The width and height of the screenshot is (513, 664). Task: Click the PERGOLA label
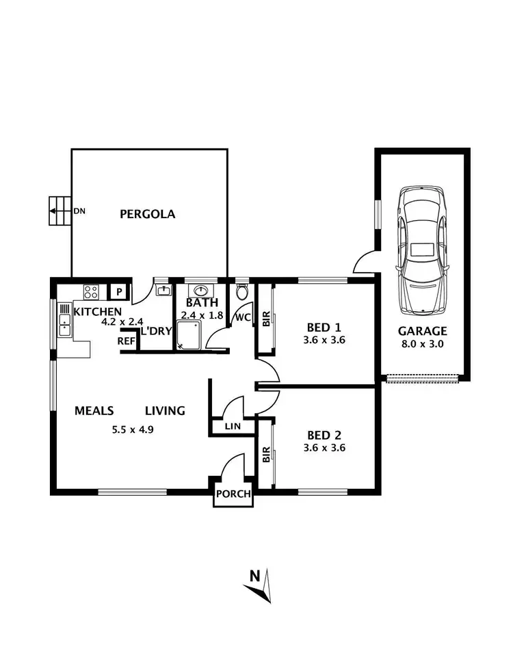[x=147, y=214]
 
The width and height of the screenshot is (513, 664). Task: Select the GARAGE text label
[x=422, y=331]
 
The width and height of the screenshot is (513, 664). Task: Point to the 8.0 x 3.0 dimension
[x=422, y=344]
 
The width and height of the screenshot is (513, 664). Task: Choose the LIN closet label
[x=233, y=427]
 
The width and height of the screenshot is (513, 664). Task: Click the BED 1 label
[x=324, y=326]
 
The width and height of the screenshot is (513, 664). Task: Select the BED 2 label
[x=324, y=435]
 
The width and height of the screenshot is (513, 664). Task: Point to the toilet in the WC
[x=241, y=293]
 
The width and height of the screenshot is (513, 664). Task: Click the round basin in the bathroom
[x=202, y=290]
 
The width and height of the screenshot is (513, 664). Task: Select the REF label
[x=126, y=341]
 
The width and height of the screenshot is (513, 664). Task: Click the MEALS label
[x=93, y=411]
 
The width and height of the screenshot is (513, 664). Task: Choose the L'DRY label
[x=156, y=331]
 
